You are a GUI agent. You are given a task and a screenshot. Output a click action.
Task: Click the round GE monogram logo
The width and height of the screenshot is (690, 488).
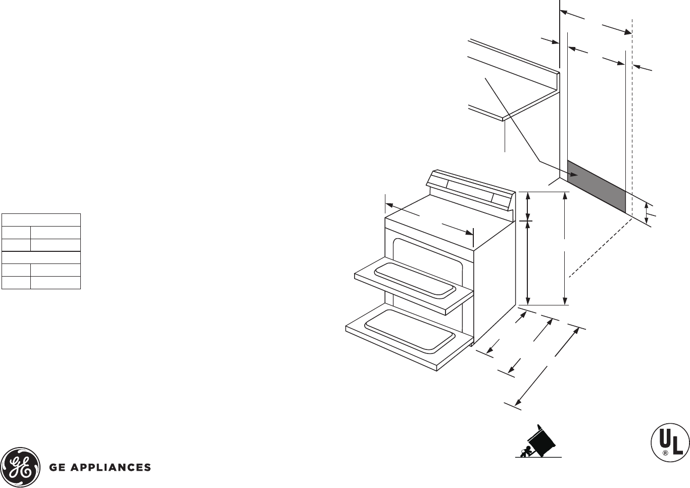tap(21, 467)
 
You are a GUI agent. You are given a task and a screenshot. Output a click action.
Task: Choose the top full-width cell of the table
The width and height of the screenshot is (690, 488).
tap(41, 220)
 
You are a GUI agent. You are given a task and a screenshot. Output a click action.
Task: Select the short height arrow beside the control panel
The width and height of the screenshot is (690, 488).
tap(528, 206)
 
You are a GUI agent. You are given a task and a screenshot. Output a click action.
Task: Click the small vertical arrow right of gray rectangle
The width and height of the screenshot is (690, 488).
tap(647, 212)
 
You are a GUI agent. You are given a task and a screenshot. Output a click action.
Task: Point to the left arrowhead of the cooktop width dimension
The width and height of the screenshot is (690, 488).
tap(389, 205)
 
